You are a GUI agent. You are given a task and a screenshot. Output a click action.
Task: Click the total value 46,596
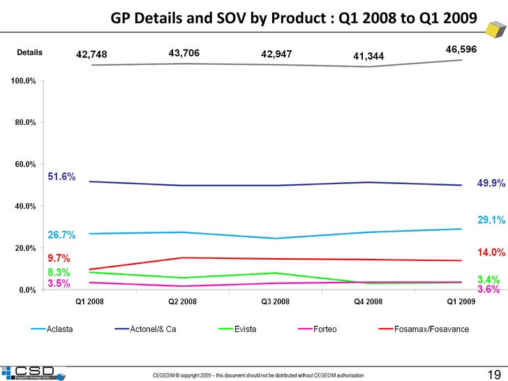tap(461, 50)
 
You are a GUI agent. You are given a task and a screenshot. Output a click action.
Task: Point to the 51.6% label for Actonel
tap(61, 177)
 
